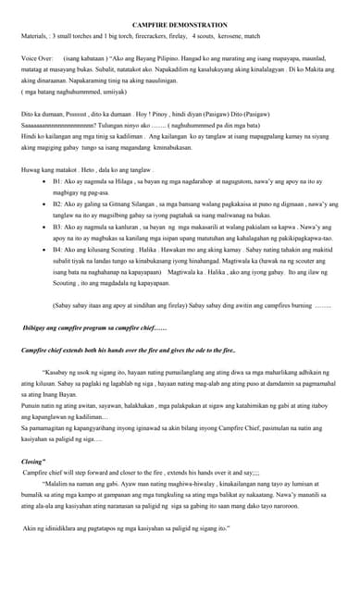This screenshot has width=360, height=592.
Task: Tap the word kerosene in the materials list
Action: pyautogui.click(x=232, y=36)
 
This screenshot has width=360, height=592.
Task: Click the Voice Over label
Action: pyautogui.click(x=37, y=56)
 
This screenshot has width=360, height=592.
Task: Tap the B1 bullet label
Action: pyautogui.click(x=58, y=183)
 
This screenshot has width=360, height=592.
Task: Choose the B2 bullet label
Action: pyautogui.click(x=58, y=203)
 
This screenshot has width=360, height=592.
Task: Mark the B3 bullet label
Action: pyautogui.click(x=58, y=226)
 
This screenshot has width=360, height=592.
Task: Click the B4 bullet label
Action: pyautogui.click(x=58, y=249)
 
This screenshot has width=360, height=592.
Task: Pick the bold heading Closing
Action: pyautogui.click(x=34, y=461)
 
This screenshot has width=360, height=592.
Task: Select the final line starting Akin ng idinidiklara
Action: pyautogui.click(x=127, y=528)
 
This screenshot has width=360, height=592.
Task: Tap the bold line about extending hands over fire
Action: pyautogui.click(x=129, y=351)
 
